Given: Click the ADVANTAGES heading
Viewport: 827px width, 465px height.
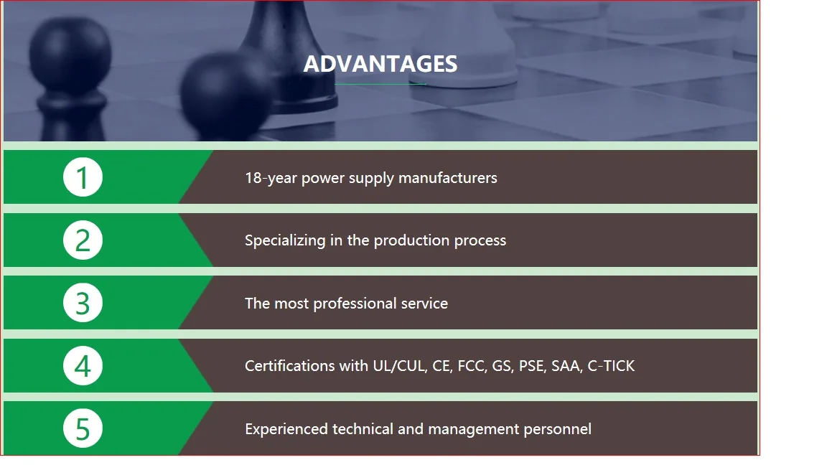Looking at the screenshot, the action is tap(380, 64).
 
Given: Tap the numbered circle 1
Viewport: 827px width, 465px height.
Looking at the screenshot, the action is tap(83, 177).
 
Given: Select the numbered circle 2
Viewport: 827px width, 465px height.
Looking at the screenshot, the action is tap(83, 240).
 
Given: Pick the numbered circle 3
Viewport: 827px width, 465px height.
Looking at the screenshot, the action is tap(83, 303).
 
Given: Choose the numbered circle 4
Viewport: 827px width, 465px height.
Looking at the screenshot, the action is tap(83, 365).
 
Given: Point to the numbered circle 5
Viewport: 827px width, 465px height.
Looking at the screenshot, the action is tap(83, 428).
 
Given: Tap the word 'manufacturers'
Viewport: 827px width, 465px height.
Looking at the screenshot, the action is tap(448, 178).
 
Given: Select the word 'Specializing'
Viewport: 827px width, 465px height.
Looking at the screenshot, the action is tap(285, 241).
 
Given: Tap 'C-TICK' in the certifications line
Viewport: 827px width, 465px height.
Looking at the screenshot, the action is tap(612, 366).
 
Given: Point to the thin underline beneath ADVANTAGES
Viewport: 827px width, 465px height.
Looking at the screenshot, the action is tap(380, 84).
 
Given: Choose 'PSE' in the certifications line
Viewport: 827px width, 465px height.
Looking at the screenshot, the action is tap(532, 366).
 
